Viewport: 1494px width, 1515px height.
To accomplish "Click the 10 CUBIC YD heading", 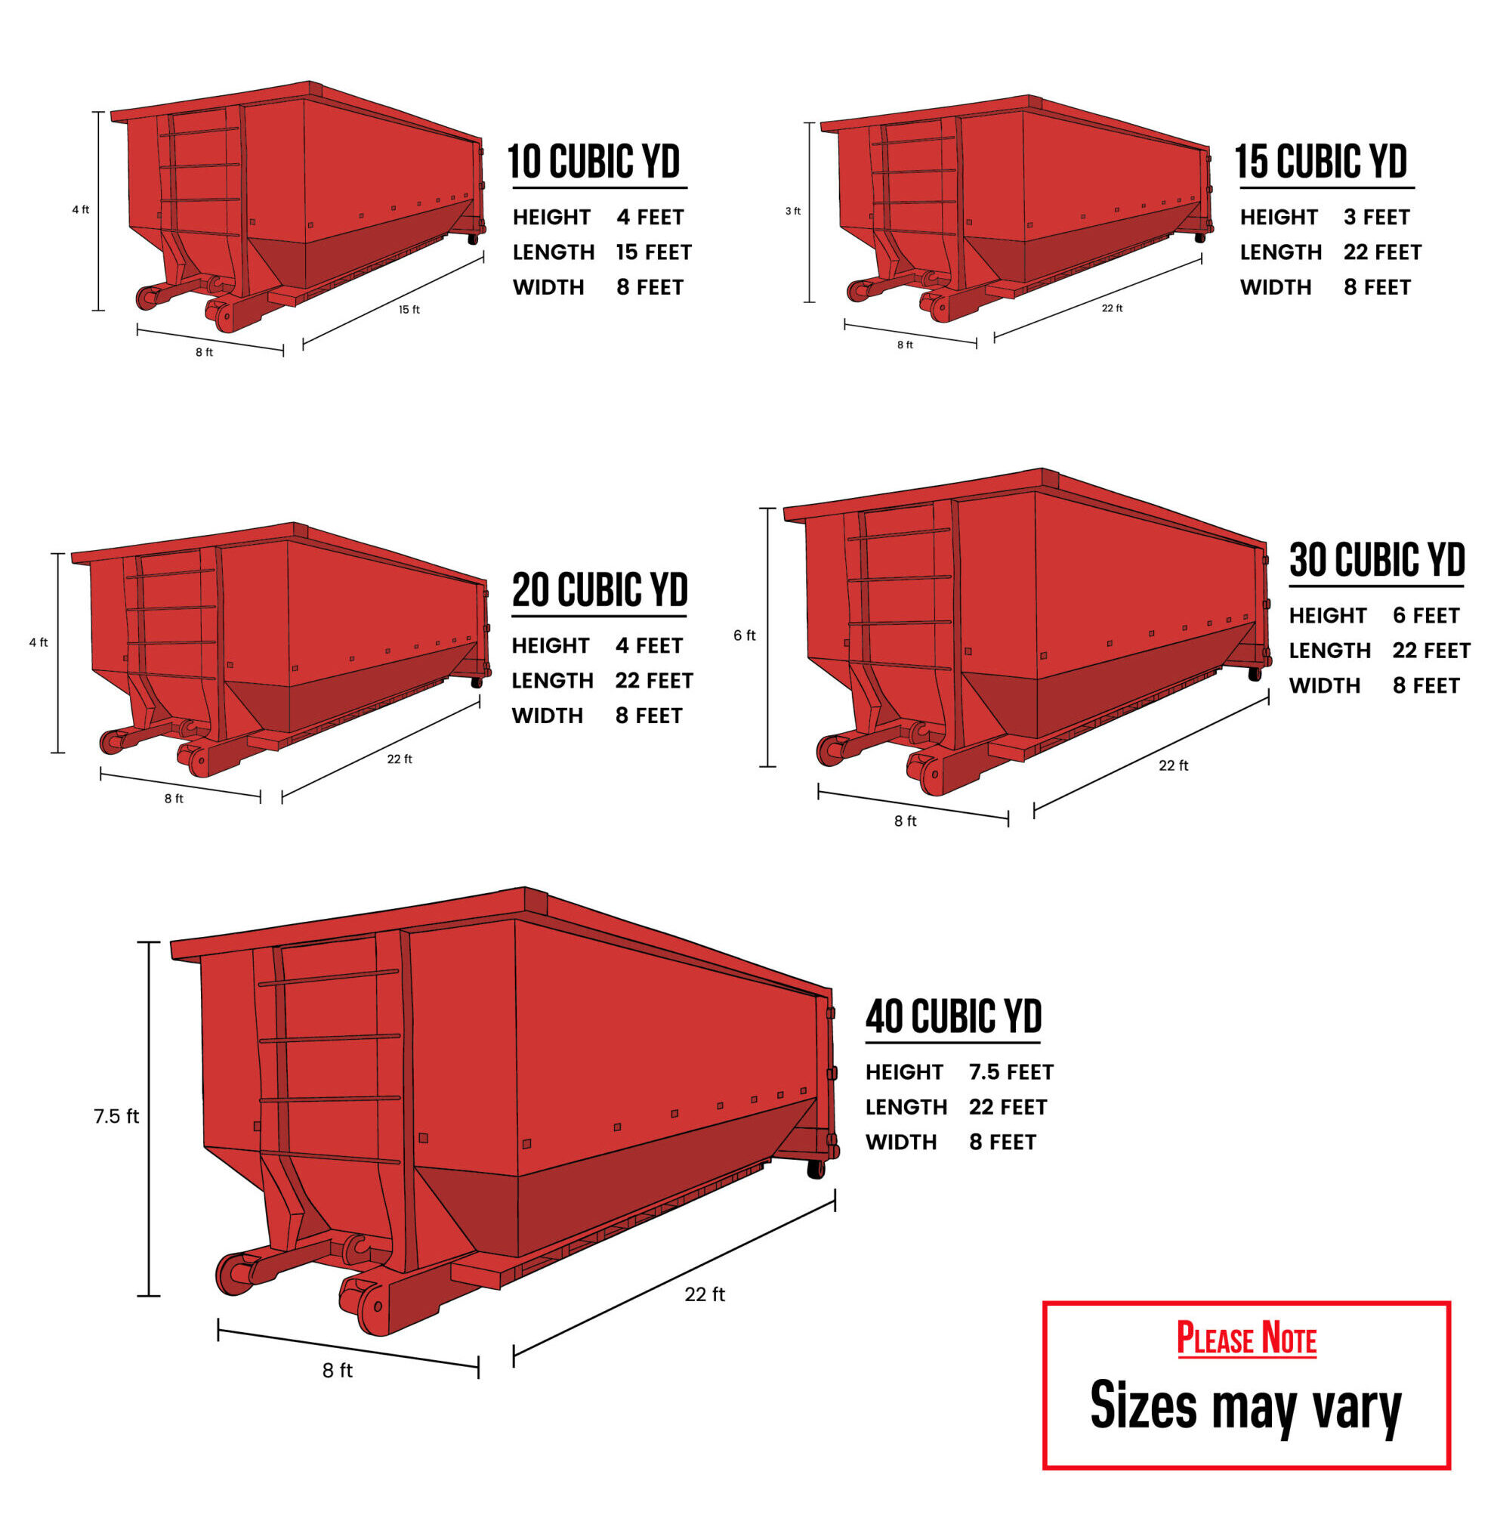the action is coord(594,162).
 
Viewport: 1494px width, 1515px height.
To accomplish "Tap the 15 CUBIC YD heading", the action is coord(1321,162).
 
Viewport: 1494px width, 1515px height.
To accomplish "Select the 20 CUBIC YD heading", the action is coord(600,589).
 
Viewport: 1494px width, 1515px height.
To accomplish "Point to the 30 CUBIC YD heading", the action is coord(1377,560).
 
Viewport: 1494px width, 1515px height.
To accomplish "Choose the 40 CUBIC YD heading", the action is coord(954,1016).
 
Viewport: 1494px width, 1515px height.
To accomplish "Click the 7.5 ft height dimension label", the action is coord(116,1116).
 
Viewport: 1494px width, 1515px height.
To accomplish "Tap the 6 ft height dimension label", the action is coord(745,635).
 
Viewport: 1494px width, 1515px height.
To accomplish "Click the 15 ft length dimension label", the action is coord(409,310).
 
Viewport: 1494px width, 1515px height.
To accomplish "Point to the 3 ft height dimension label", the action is coord(793,211).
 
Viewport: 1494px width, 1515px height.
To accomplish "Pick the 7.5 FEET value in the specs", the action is coord(1011,1072).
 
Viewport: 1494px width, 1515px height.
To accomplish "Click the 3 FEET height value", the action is coord(1376,217).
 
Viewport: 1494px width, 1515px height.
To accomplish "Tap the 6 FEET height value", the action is coord(1426,616).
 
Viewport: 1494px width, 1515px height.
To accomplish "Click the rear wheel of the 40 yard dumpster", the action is coord(816,1169).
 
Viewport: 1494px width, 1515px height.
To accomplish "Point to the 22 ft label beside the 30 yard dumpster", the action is coord(1174,765).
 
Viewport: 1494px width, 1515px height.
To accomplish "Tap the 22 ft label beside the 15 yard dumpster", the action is coord(1113,308).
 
